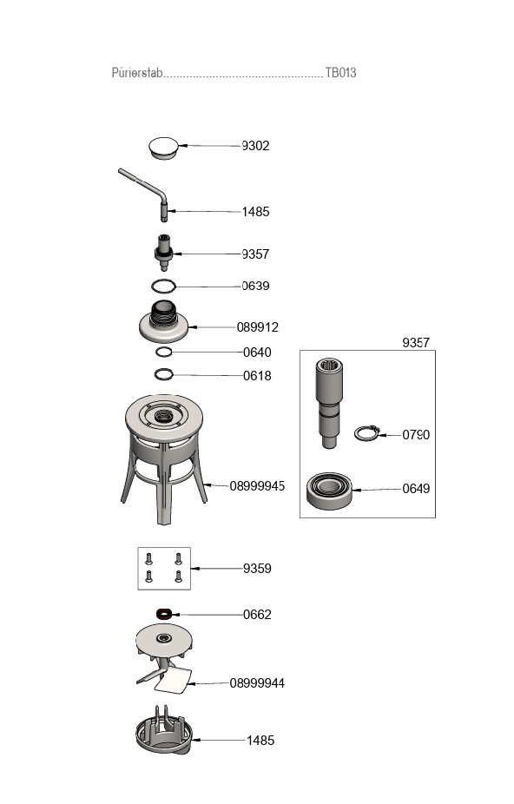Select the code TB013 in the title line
340,73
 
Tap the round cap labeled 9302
162,147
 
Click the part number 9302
255,146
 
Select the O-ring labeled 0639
163,286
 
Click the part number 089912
257,327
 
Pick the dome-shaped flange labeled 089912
163,325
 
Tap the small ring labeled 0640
164,352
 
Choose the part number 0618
257,376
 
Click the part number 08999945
257,486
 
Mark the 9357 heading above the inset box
416,343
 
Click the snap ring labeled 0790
368,432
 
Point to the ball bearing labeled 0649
329,491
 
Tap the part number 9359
257,569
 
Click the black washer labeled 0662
163,614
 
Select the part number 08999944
257,683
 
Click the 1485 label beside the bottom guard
260,741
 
